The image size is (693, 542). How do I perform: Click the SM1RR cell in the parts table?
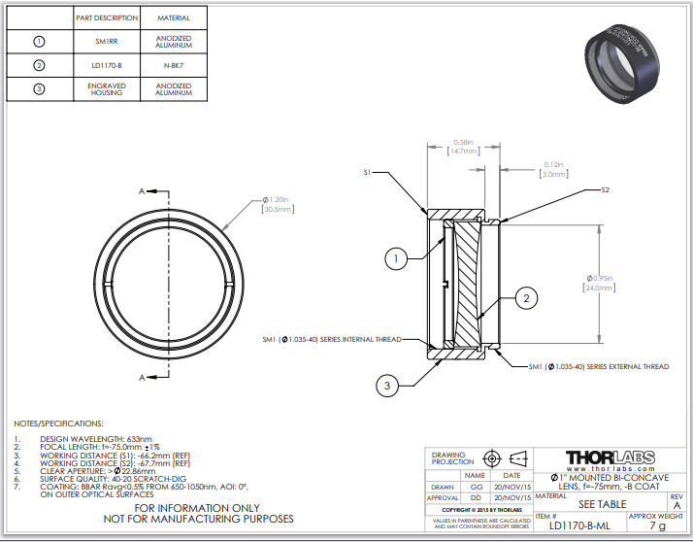[x=107, y=42]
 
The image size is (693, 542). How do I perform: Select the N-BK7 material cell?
[x=174, y=66]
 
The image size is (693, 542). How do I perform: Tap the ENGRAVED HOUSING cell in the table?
[x=107, y=90]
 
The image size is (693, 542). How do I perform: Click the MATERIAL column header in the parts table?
[x=174, y=17]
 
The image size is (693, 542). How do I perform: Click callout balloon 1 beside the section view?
[x=395, y=258]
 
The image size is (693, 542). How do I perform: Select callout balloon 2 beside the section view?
[x=526, y=298]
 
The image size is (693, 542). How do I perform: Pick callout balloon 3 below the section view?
[x=387, y=386]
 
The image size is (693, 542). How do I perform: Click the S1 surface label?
[x=368, y=172]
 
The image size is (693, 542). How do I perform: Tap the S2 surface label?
[x=606, y=189]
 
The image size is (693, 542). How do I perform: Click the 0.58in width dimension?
[x=464, y=147]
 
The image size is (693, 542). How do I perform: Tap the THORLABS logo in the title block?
[x=610, y=457]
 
